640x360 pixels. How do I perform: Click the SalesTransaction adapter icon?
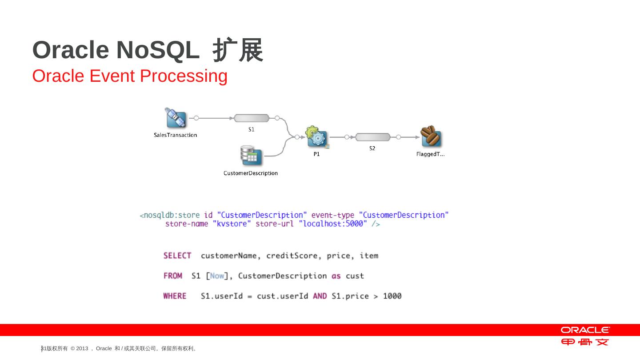(175, 118)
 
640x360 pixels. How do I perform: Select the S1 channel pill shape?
(252, 118)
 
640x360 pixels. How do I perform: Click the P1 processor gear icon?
(316, 137)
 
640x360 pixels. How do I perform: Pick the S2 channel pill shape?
(372, 137)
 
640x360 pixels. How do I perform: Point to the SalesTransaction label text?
(175, 135)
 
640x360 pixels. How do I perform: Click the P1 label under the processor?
(316, 154)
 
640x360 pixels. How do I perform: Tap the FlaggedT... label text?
(430, 154)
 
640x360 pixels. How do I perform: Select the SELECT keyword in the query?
(177, 256)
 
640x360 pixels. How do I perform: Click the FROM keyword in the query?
(173, 276)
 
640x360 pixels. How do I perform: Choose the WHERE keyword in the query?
(175, 296)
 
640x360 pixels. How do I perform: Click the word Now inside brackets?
(217, 276)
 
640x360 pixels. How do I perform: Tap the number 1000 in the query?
(392, 296)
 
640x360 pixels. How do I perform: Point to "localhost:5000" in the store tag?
(333, 224)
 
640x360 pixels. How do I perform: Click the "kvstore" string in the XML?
(232, 224)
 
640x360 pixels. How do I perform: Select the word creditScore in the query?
(292, 256)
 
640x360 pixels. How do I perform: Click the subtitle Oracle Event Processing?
(130, 76)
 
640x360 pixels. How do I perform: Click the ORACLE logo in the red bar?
(585, 330)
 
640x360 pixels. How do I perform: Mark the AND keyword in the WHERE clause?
(320, 296)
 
